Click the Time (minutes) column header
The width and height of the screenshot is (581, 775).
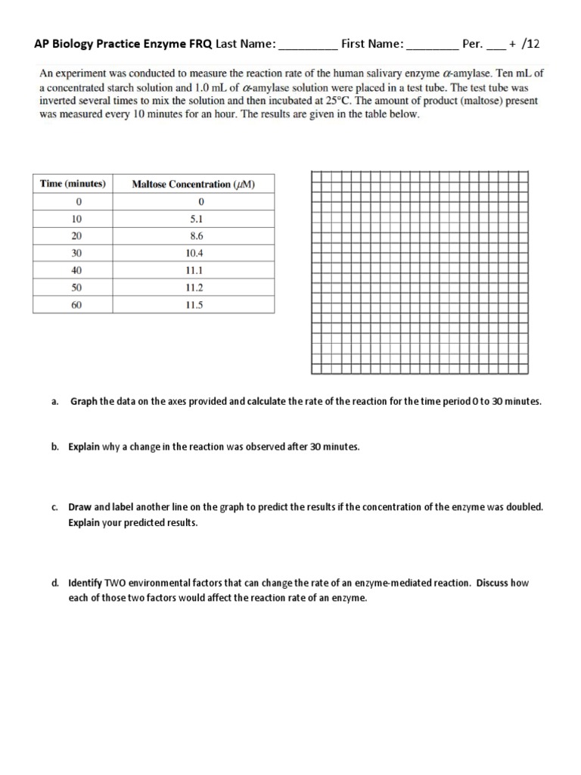coord(73,184)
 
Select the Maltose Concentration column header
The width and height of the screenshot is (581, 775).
coord(193,184)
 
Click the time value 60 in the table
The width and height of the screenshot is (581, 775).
coord(76,305)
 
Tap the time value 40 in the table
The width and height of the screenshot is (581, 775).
coord(76,270)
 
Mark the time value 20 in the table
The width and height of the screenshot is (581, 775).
coord(76,236)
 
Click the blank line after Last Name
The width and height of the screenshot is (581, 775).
coord(309,45)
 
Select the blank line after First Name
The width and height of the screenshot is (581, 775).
coord(432,45)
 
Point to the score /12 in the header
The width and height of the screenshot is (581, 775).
coord(531,45)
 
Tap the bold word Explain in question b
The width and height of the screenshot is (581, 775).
coord(84,447)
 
